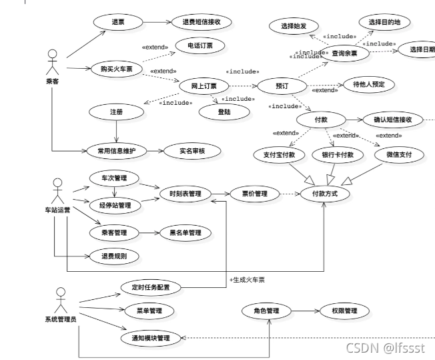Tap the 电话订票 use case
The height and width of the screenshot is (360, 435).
(200, 46)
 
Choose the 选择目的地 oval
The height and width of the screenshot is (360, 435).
(384, 21)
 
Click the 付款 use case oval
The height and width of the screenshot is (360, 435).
(321, 120)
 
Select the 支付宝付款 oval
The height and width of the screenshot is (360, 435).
(280, 155)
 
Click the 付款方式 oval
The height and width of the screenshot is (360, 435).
(326, 194)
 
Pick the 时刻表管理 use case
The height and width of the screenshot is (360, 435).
(185, 194)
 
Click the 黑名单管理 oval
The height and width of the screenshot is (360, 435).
(185, 233)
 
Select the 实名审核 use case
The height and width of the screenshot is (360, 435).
(192, 151)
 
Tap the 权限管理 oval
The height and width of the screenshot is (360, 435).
(340, 311)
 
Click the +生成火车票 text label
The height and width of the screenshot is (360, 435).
(252, 279)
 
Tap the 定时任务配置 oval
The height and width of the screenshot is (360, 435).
(150, 288)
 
